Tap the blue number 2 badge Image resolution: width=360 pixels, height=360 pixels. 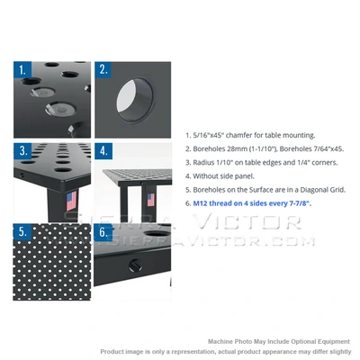[x=103, y=69]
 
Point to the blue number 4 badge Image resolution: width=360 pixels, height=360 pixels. [x=103, y=150]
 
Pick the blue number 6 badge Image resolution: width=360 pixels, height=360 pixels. [x=103, y=232]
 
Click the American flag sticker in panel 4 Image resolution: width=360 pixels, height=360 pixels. [x=149, y=199]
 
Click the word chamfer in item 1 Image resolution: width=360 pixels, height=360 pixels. [x=235, y=133]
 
